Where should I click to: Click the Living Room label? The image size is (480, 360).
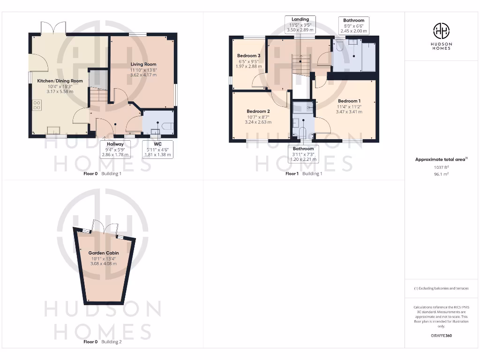(143, 64)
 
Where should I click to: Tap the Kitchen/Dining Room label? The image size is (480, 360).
(60, 81)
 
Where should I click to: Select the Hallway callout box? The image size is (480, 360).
(115, 150)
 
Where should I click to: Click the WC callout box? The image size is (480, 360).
(157, 150)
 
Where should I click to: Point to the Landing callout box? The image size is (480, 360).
(300, 24)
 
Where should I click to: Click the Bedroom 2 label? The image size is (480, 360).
(258, 112)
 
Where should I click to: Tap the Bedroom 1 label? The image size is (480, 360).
(349, 101)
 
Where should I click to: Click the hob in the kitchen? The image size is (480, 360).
(36, 106)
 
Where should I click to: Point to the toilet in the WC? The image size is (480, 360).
(168, 126)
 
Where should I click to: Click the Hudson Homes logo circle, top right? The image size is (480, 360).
(441, 31)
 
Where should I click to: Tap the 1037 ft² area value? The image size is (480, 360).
(441, 167)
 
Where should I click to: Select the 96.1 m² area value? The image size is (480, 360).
(441, 173)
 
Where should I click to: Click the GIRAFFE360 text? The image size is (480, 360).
(441, 336)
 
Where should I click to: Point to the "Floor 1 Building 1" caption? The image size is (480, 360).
(304, 173)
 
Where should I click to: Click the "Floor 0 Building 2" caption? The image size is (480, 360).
(102, 342)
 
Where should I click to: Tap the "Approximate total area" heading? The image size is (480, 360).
(441, 159)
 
